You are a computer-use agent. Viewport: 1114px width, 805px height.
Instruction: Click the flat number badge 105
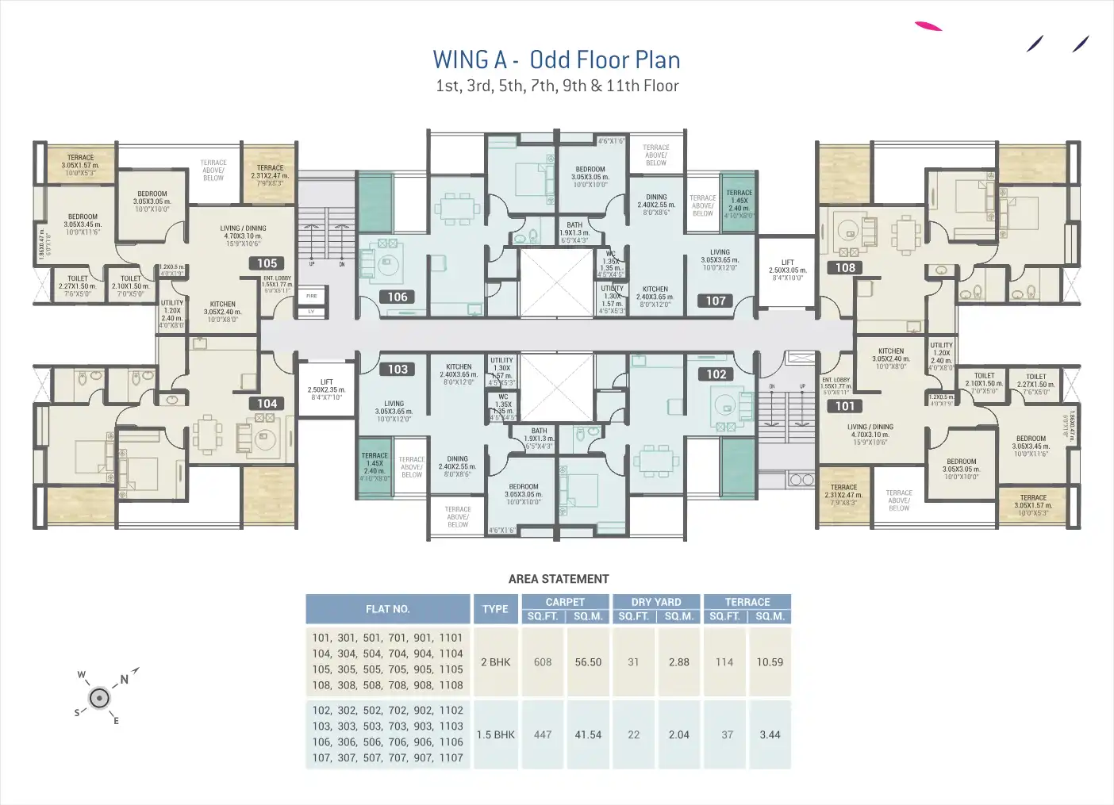[x=267, y=263]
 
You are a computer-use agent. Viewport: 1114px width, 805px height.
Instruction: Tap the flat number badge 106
[x=398, y=297]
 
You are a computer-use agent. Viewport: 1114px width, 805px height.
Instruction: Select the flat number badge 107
[x=716, y=301]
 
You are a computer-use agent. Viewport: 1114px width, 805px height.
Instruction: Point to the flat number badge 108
[x=845, y=268]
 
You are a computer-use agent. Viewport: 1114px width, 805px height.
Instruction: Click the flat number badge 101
[x=845, y=406]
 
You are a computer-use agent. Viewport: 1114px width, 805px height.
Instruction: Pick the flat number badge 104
[x=267, y=404]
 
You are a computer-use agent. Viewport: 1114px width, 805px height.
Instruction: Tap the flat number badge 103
[x=398, y=370]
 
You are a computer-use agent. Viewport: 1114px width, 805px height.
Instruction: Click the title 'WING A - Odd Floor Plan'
[x=556, y=60]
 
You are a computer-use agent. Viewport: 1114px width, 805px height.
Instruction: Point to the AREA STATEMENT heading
[x=559, y=579]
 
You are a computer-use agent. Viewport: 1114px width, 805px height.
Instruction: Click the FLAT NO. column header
[x=388, y=609]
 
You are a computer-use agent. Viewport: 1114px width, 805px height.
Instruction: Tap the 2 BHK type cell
[x=495, y=662]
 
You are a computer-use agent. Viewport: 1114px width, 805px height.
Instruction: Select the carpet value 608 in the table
[x=543, y=662]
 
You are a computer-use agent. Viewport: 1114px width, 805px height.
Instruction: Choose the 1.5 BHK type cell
[x=495, y=735]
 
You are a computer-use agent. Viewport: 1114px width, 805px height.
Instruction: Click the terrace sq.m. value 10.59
[x=770, y=662]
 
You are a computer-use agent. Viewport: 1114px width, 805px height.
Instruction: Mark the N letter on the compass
[x=125, y=680]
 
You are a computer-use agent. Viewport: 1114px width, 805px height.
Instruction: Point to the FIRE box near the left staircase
[x=311, y=296]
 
